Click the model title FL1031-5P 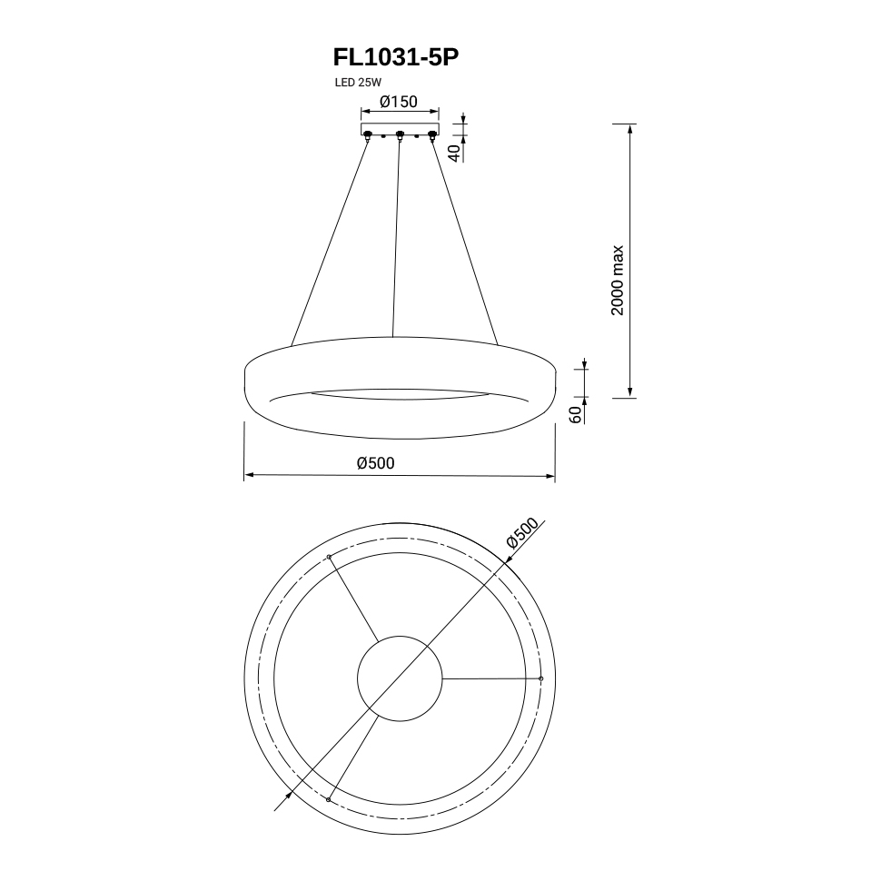396,56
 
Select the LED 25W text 358,83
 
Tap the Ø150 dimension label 399,102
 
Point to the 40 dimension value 455,153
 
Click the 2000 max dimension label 618,281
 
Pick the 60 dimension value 576,415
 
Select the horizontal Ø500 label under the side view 376,463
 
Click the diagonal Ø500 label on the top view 522,532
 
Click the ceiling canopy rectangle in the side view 400,129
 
